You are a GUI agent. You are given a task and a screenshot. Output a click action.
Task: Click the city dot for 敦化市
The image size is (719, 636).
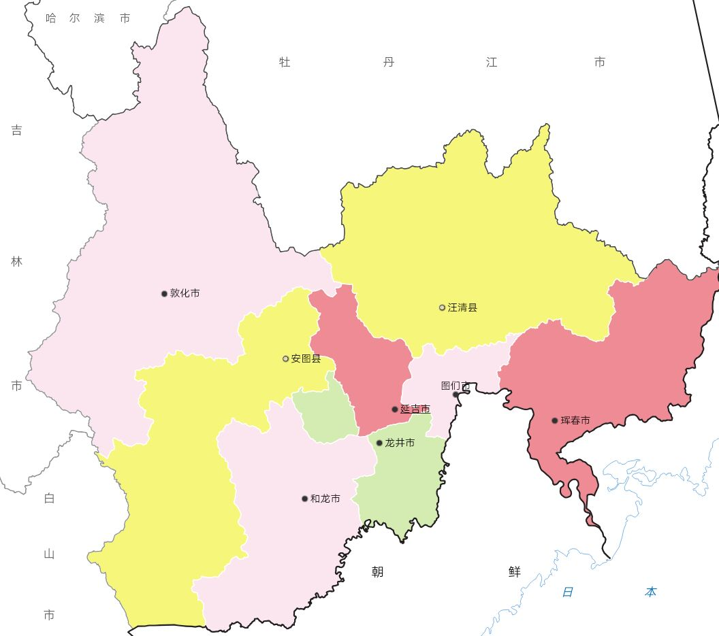point(164,294)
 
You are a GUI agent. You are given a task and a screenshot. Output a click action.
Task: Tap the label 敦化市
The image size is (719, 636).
point(185,294)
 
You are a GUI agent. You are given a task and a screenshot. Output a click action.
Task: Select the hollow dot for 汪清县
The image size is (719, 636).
point(442,307)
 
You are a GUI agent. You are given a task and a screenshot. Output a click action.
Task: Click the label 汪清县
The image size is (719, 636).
point(463,307)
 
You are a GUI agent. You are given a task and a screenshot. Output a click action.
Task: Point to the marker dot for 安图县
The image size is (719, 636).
point(286,358)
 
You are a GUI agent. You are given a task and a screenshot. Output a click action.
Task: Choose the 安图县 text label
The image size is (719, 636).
point(306,358)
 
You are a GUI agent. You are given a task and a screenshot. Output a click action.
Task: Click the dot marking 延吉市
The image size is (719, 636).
point(395,409)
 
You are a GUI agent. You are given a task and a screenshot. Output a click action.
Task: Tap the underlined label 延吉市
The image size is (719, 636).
point(415,409)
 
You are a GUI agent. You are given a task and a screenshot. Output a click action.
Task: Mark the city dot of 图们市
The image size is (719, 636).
point(456,395)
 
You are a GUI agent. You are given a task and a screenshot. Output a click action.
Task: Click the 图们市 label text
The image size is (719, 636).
point(455,386)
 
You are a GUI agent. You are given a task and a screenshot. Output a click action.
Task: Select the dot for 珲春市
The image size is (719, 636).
point(555,420)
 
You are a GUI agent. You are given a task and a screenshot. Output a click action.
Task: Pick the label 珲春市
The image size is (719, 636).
point(575,420)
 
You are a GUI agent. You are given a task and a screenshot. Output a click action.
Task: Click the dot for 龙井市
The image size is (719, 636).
point(379,443)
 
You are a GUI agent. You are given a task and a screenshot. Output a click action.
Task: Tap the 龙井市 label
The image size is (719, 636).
point(400,443)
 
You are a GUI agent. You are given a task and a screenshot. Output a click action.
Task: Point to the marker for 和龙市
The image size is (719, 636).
point(304,499)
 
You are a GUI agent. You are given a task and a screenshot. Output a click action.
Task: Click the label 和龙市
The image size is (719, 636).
point(325,499)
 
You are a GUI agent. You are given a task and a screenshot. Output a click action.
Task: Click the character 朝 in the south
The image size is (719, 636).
point(377,572)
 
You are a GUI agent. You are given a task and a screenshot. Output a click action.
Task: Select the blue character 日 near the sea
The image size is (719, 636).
point(567,592)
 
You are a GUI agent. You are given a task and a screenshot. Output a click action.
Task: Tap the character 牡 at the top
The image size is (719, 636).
point(285,63)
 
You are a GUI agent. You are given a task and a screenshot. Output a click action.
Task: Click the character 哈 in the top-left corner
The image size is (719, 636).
point(51,18)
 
